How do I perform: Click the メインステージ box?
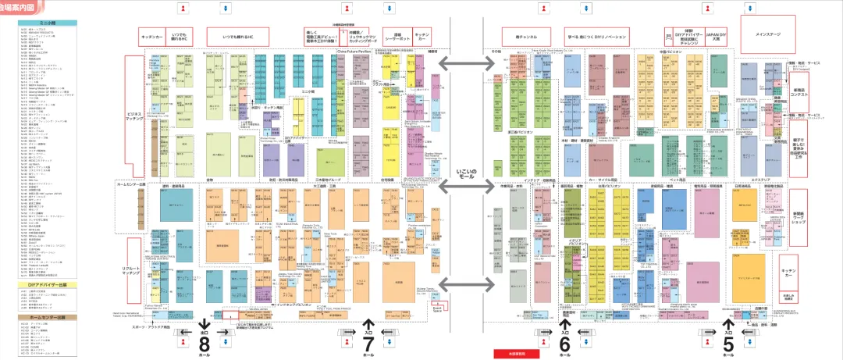[769, 35]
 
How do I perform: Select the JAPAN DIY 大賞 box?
[717, 37]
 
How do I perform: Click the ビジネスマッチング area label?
[136, 117]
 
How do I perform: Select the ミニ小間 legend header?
[48, 23]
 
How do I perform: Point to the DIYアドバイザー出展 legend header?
[48, 285]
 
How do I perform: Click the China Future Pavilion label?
[352, 52]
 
